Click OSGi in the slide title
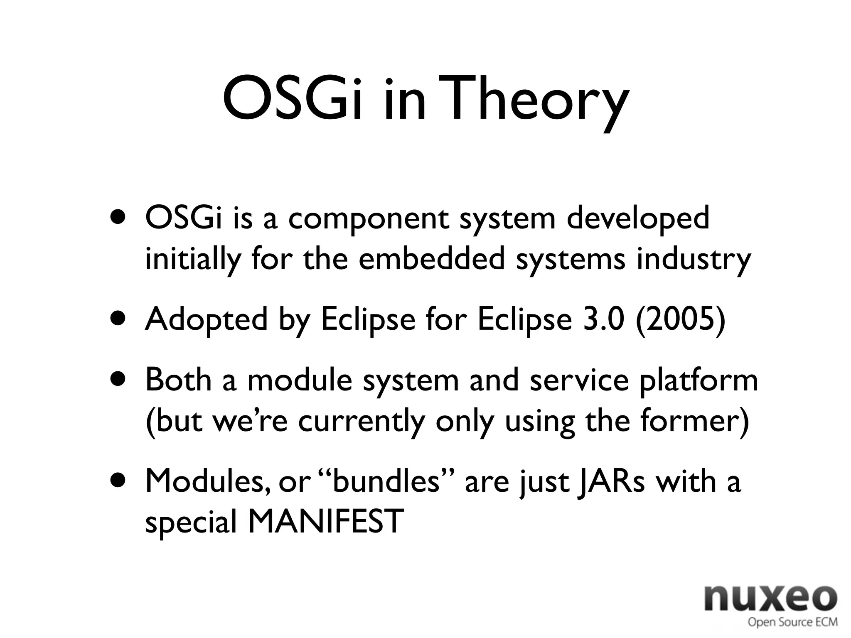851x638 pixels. tap(290, 100)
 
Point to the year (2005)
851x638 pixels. tap(680, 319)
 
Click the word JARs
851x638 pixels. tap(611, 482)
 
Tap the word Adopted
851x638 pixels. tap(206, 320)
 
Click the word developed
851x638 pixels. tap(638, 219)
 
